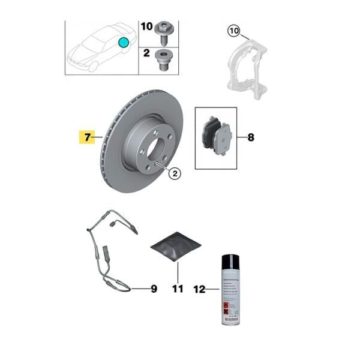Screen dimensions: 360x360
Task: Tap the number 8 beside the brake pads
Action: [x=250, y=137]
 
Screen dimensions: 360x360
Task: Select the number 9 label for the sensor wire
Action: [x=154, y=289]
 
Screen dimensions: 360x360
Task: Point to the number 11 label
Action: [x=177, y=289]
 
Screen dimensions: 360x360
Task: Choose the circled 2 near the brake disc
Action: [x=175, y=174]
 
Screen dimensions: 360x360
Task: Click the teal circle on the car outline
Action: [x=124, y=43]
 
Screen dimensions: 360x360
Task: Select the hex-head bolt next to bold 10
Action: [x=164, y=29]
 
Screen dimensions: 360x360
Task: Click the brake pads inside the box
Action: [x=216, y=137]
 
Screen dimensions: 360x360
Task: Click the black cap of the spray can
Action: [x=229, y=262]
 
